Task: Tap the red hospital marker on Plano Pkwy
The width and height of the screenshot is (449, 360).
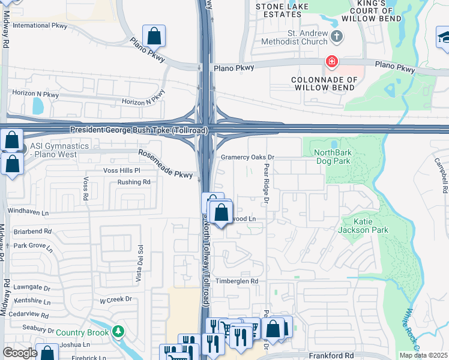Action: click(x=331, y=61)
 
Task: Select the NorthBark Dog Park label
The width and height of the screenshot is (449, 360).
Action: click(x=333, y=157)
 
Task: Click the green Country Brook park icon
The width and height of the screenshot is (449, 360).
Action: click(x=118, y=331)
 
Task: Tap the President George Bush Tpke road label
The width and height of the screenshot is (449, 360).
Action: click(x=139, y=130)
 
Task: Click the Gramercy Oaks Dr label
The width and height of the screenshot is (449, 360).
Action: click(x=247, y=157)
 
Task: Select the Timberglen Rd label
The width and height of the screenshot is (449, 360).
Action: click(x=237, y=280)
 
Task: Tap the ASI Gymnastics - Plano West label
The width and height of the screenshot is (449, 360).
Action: click(x=59, y=150)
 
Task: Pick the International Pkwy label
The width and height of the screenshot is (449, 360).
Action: click(x=40, y=25)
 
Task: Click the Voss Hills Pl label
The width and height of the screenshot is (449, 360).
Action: click(x=121, y=170)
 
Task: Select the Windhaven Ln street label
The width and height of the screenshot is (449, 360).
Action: click(x=29, y=212)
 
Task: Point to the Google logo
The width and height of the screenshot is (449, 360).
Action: click(x=19, y=353)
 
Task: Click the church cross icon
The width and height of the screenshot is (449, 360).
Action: click(x=336, y=37)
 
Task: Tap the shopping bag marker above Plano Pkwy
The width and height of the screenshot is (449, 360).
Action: click(x=154, y=36)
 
